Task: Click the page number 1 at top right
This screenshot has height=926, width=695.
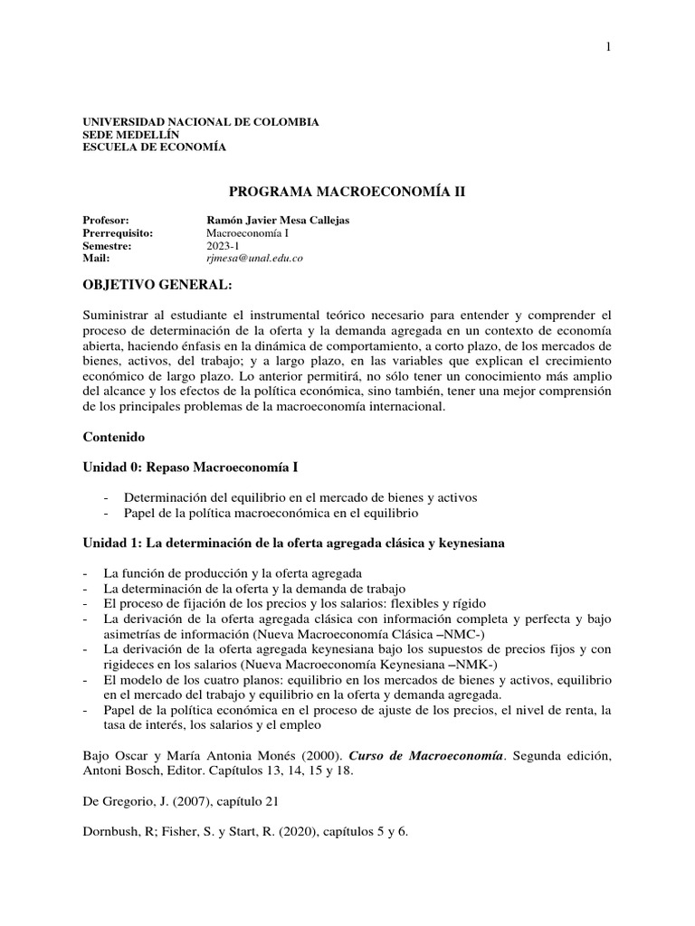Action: pos(609,48)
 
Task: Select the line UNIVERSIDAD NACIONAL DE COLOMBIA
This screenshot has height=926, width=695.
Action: pos(200,121)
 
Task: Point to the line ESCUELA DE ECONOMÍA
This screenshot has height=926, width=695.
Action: pos(155,146)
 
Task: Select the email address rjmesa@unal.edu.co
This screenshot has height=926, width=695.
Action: pos(254,258)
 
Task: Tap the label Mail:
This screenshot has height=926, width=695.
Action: pos(96,258)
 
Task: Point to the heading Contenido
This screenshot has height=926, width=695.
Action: pos(113,435)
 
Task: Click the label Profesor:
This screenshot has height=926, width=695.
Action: pos(106,220)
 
